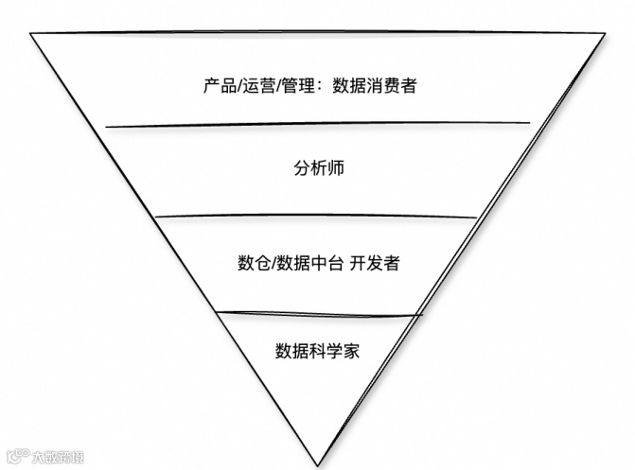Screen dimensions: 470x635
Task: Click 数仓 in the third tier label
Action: coord(253,263)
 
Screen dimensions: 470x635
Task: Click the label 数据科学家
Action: coord(318,351)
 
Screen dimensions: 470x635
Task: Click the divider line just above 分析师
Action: coord(318,124)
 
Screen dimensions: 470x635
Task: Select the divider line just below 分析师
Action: coord(318,217)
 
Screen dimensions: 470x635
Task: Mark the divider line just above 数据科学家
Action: coord(318,314)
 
